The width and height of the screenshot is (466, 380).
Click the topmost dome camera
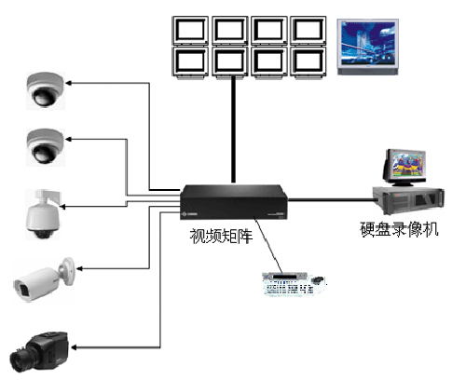click(x=46, y=90)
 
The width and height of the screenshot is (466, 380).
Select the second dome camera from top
click(x=46, y=147)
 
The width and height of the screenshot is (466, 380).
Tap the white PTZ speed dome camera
click(x=43, y=214)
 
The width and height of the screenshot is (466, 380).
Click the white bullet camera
click(x=44, y=280)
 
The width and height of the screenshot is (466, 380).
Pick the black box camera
click(x=39, y=352)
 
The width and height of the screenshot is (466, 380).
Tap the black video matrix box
click(x=234, y=202)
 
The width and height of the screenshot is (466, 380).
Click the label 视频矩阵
click(x=221, y=236)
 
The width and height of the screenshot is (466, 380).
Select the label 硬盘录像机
click(x=399, y=229)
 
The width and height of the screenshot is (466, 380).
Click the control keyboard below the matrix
click(x=294, y=284)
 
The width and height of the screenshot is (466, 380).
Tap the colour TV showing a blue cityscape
click(x=368, y=47)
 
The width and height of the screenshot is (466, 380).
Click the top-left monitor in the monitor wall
click(x=190, y=31)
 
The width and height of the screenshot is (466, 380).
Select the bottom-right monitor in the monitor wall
click(x=308, y=61)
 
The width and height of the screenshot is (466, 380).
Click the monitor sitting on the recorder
click(x=405, y=167)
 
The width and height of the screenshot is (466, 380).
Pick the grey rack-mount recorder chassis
click(x=409, y=200)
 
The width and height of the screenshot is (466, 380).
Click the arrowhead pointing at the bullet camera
click(x=79, y=268)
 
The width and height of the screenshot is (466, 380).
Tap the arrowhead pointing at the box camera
click(x=75, y=347)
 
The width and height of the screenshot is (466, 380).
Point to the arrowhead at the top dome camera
click(x=68, y=83)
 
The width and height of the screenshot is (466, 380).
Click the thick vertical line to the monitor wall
click(x=233, y=129)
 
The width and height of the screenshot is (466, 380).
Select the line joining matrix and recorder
click(x=331, y=200)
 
